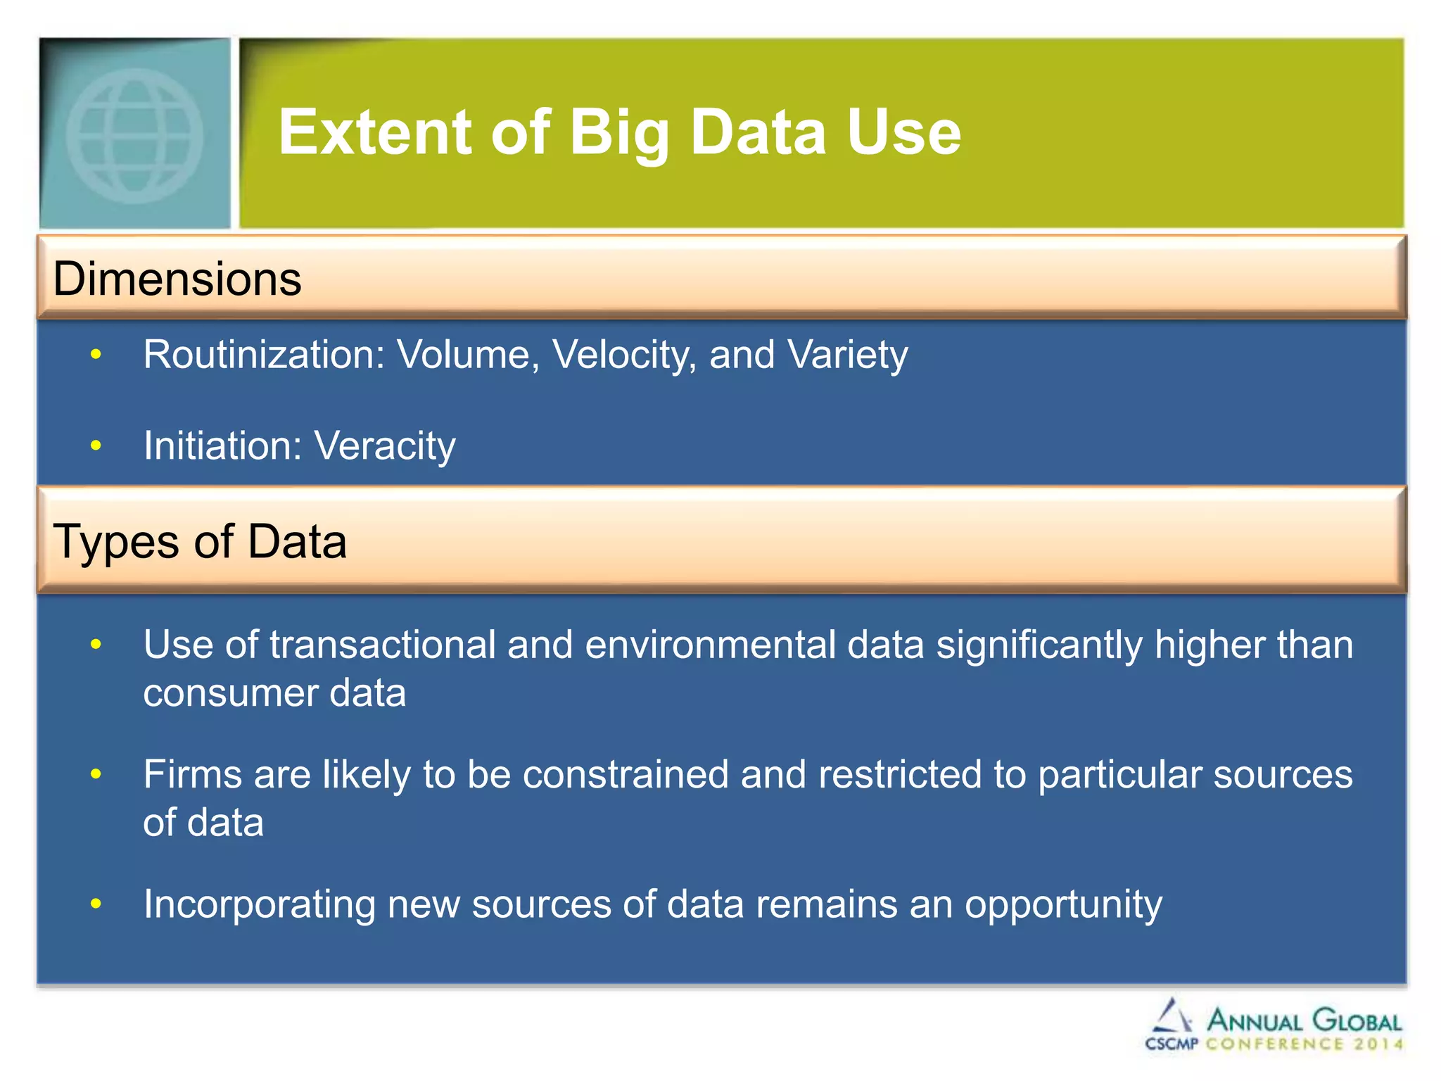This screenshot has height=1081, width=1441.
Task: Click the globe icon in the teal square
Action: (134, 135)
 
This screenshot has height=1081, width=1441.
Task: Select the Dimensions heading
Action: (177, 279)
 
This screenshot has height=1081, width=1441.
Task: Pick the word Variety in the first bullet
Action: (848, 354)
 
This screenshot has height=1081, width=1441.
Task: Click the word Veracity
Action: (385, 445)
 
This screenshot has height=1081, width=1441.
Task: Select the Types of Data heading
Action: (200, 541)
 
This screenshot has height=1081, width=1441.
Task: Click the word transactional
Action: (383, 645)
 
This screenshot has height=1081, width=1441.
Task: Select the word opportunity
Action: (1062, 904)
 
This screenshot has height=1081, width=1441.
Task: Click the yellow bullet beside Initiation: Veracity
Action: (96, 445)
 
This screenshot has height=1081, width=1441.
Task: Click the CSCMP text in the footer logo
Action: (1171, 1044)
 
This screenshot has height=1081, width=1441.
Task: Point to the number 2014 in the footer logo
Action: (1378, 1044)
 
